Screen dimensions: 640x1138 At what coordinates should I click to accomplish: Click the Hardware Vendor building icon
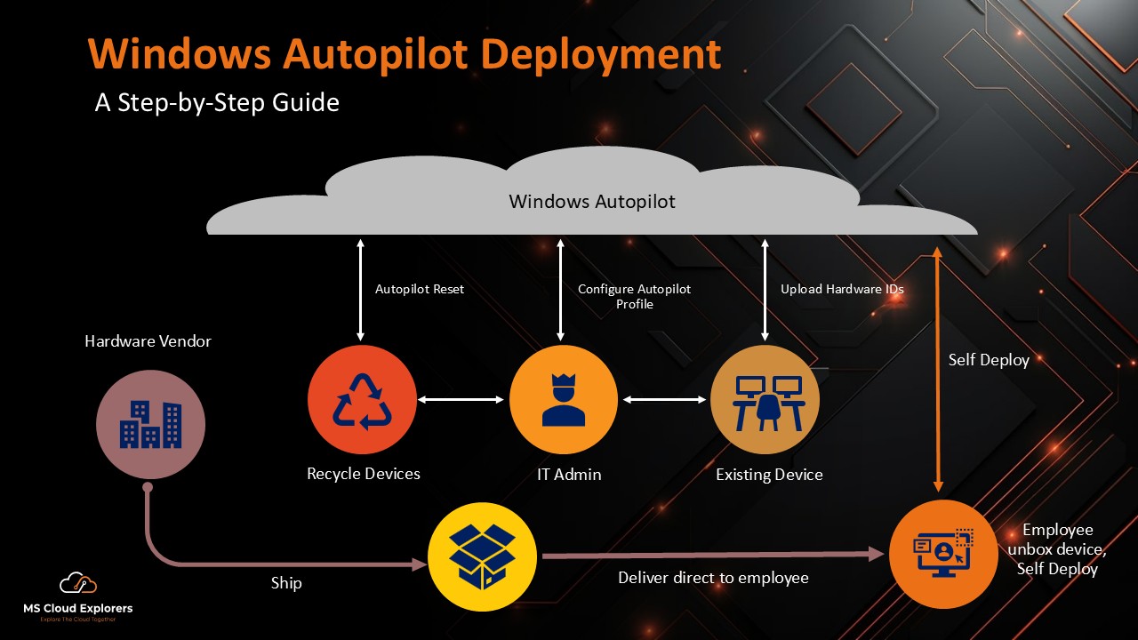tap(150, 425)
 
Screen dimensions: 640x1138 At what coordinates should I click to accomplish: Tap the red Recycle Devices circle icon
tap(362, 400)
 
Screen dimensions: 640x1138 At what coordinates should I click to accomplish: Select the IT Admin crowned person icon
tap(564, 400)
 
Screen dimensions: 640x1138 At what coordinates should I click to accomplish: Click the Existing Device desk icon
tap(765, 400)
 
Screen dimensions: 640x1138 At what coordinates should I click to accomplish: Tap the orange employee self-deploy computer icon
tap(943, 553)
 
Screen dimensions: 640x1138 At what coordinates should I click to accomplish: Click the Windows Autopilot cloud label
tap(591, 202)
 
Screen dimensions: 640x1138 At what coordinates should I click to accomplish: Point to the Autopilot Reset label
tap(420, 289)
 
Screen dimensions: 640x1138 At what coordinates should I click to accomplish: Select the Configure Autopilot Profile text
tap(634, 297)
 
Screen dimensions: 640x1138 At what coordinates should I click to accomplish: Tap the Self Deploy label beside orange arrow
tap(989, 360)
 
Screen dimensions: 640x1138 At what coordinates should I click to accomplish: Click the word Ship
tap(286, 583)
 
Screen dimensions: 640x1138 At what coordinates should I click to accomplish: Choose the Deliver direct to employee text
tap(713, 578)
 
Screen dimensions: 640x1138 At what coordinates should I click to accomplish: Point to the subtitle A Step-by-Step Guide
tap(217, 102)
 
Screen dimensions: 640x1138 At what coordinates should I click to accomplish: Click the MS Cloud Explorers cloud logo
tap(77, 584)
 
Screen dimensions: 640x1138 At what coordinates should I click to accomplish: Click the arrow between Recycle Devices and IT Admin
tap(461, 400)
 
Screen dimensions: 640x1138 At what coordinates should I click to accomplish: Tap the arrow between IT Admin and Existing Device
tap(664, 400)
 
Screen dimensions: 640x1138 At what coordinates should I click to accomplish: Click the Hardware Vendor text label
tap(148, 341)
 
